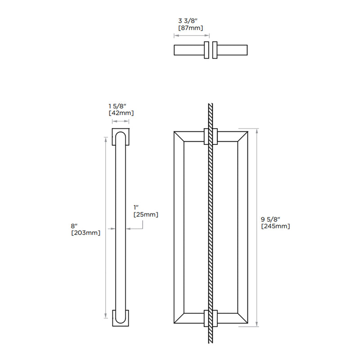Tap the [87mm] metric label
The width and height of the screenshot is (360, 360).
[191, 28]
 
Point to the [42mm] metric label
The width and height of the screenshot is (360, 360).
[121, 113]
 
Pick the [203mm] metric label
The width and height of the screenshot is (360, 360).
[85, 233]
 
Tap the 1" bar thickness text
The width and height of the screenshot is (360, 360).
[136, 207]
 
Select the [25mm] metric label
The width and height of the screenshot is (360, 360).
[146, 215]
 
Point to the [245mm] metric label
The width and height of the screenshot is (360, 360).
[275, 226]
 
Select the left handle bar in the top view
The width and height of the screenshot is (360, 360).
[189, 50]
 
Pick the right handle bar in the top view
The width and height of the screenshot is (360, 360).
[232, 50]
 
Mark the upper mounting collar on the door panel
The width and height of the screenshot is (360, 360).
[211, 137]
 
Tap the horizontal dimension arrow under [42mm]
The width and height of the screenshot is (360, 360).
[121, 121]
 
